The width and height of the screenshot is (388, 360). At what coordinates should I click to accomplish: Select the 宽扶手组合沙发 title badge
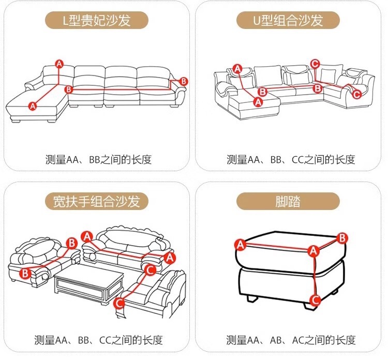[x=96, y=201]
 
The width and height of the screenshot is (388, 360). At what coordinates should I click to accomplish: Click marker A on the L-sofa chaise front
[x=33, y=106]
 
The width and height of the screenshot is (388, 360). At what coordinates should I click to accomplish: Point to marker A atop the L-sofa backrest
[x=59, y=64]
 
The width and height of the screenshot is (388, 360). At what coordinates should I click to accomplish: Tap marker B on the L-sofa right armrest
[x=183, y=82]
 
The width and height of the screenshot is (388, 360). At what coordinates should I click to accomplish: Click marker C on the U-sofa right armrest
[x=356, y=94]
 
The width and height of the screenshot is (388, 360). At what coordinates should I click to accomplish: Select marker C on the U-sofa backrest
[x=315, y=64]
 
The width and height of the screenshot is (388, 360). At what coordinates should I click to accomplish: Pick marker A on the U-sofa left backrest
[x=237, y=68]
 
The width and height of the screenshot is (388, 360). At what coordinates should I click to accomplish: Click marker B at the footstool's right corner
[x=342, y=237]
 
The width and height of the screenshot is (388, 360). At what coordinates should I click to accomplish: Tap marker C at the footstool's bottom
[x=315, y=299]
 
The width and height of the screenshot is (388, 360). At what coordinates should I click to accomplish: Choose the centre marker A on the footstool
[x=312, y=251]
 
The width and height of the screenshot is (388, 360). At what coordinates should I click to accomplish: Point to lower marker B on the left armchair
[x=24, y=273]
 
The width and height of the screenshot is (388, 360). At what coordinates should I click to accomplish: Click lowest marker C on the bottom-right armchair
[x=119, y=303]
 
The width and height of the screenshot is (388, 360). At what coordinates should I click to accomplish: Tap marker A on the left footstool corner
[x=240, y=244]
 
